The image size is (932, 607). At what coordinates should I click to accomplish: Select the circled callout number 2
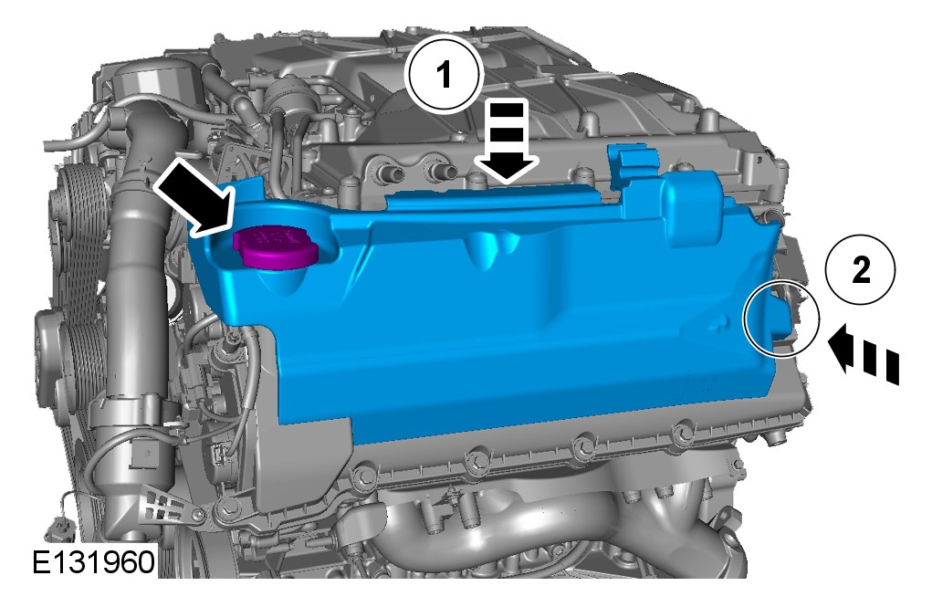click(x=860, y=270)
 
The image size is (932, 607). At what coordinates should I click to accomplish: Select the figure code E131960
click(x=93, y=561)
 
